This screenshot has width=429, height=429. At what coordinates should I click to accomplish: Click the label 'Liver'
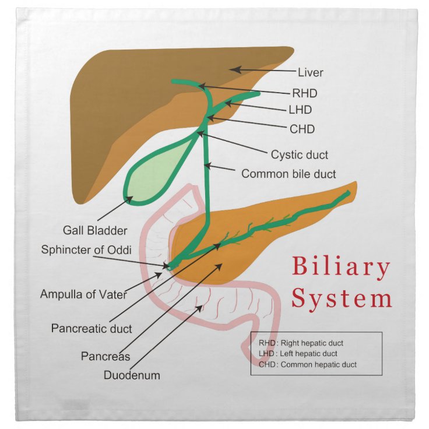pyautogui.click(x=310, y=73)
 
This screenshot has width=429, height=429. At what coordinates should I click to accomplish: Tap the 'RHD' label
pyautogui.click(x=305, y=92)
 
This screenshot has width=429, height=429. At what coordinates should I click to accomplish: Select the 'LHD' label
pyautogui.click(x=301, y=110)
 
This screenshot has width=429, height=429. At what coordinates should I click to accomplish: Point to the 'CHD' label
pyautogui.click(x=303, y=128)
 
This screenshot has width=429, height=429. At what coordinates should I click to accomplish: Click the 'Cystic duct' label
pyautogui.click(x=300, y=155)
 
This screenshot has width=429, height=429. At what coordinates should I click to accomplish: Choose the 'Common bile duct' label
pyautogui.click(x=289, y=174)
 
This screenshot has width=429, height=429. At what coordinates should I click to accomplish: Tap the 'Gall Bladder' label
pyautogui.click(x=95, y=230)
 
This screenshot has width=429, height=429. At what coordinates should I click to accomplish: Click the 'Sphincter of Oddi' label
pyautogui.click(x=86, y=249)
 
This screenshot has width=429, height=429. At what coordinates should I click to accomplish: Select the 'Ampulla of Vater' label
pyautogui.click(x=83, y=294)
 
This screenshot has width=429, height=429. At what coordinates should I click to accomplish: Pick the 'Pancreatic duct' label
pyautogui.click(x=92, y=328)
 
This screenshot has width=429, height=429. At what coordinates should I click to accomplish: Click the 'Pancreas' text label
pyautogui.click(x=106, y=356)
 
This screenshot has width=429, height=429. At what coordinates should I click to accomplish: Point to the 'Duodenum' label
pyautogui.click(x=132, y=375)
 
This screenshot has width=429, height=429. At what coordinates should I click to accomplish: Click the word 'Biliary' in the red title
pyautogui.click(x=341, y=268)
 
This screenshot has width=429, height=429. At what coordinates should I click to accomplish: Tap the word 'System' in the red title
pyautogui.click(x=342, y=298)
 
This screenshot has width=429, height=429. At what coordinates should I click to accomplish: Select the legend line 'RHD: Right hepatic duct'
pyautogui.click(x=301, y=343)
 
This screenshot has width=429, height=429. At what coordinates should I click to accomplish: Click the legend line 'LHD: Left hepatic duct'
pyautogui.click(x=298, y=354)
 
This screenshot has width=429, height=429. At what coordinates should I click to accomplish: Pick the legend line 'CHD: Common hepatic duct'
pyautogui.click(x=308, y=365)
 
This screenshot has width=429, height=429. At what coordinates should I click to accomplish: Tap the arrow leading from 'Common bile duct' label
pyautogui.click(x=221, y=170)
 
